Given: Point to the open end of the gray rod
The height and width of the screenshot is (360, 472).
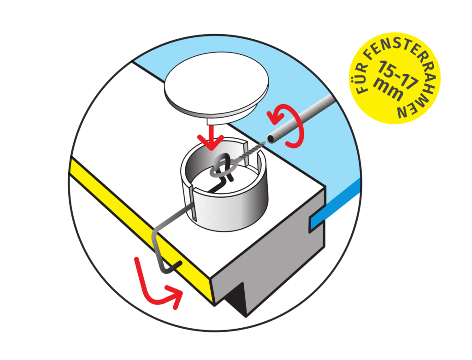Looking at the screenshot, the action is [x=271, y=139].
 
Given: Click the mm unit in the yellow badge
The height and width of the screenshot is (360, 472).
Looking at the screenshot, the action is [x=388, y=89].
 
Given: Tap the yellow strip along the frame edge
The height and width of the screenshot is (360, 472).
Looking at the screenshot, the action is [x=142, y=230].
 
